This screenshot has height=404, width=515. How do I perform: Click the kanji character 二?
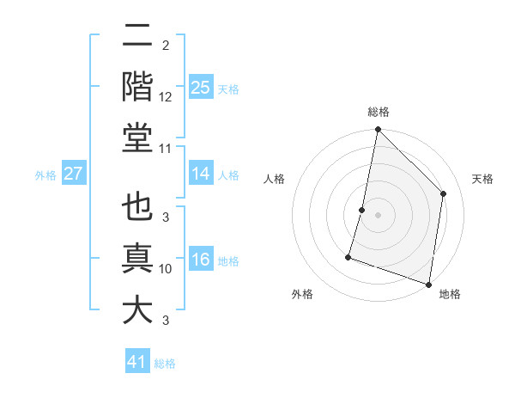coord(137,36)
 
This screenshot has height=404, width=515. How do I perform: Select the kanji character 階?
coord(137,86)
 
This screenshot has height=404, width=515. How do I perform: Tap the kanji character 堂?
coord(137,138)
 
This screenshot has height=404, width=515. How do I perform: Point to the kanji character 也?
coord(137,209)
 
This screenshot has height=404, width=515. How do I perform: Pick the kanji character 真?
coord(137,259)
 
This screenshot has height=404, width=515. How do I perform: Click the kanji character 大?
coord(137,310)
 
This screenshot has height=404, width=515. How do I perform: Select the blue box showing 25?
coord(200,87)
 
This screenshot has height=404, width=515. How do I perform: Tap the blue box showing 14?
coord(200,174)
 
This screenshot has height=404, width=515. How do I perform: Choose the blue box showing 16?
coord(200,260)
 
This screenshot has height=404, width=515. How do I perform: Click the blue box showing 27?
coord(73,174)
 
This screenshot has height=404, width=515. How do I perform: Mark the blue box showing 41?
coord(137,362)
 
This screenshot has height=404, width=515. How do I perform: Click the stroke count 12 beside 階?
coord(166,96)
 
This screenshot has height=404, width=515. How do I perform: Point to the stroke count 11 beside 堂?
coord(166,149)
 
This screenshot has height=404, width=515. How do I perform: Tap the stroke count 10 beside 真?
coord(166,269)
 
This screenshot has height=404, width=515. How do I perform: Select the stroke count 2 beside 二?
coord(165,45)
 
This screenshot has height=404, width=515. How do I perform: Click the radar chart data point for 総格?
coord(378,131)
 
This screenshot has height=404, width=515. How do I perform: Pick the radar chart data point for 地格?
coord(428,284)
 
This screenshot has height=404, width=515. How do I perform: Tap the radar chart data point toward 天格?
coord(444,193)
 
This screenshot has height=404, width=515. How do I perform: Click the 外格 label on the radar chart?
coord(302,294)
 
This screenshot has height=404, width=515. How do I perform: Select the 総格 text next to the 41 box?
coord(165,364)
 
